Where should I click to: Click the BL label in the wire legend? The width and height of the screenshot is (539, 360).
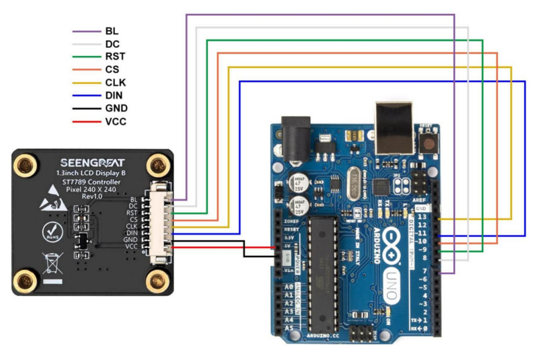point(112,31)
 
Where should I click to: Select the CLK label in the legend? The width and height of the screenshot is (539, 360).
point(116,83)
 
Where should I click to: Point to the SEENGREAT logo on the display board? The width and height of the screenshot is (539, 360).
point(92,163)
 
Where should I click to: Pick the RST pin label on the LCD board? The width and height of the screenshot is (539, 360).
point(132,212)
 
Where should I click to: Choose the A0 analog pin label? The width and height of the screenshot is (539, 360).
point(289,287)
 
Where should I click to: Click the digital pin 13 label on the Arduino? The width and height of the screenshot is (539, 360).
point(422,216)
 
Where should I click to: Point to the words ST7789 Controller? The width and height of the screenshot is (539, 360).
point(92,182)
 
